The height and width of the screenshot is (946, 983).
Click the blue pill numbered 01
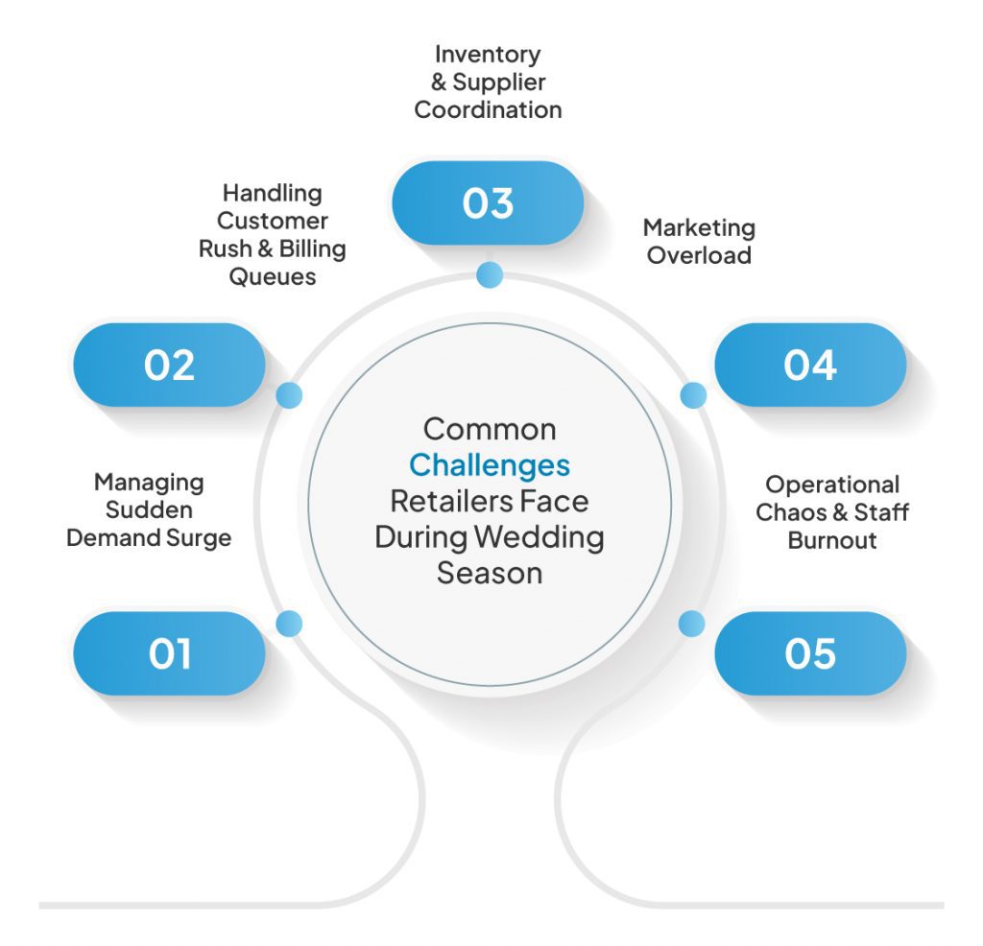coord(169,653)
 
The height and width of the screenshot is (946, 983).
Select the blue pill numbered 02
coord(169,365)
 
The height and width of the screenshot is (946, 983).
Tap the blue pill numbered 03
coord(488,203)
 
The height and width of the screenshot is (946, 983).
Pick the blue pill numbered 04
coord(810,365)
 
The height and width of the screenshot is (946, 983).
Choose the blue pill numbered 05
coord(810,653)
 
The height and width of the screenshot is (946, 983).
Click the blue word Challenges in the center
coord(490,465)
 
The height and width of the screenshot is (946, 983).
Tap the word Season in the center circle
coord(490,573)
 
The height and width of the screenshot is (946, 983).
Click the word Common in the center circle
coord(490,428)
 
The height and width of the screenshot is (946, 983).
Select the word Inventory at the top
coord(488,54)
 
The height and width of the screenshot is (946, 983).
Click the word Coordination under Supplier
coord(488,109)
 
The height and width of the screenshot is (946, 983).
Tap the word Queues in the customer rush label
coord(272,276)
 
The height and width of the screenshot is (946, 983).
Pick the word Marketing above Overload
coord(699,228)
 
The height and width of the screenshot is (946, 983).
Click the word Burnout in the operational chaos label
coord(832,539)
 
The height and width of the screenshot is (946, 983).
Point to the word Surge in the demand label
coord(200,537)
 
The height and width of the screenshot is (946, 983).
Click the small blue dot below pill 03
coord(490,275)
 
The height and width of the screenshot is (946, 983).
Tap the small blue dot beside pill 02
coord(289,394)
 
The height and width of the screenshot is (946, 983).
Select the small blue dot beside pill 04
coord(693,394)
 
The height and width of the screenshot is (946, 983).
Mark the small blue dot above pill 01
coord(289,624)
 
